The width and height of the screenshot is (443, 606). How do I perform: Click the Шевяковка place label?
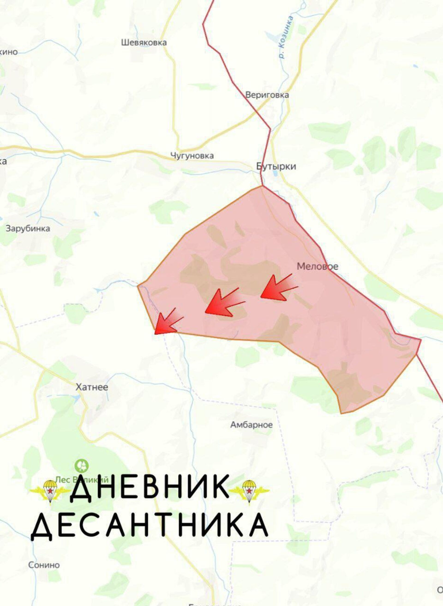(144, 42)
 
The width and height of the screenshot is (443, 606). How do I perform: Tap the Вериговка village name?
(267, 95)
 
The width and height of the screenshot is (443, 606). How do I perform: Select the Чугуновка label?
(192, 156)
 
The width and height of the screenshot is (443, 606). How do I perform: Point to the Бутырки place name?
(276, 166)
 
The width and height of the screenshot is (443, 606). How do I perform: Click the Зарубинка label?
(28, 228)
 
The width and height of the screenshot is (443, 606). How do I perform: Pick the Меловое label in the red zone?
(317, 266)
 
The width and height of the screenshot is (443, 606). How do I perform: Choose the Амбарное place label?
(251, 424)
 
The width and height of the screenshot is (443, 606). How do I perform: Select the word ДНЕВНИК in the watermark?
(149, 489)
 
